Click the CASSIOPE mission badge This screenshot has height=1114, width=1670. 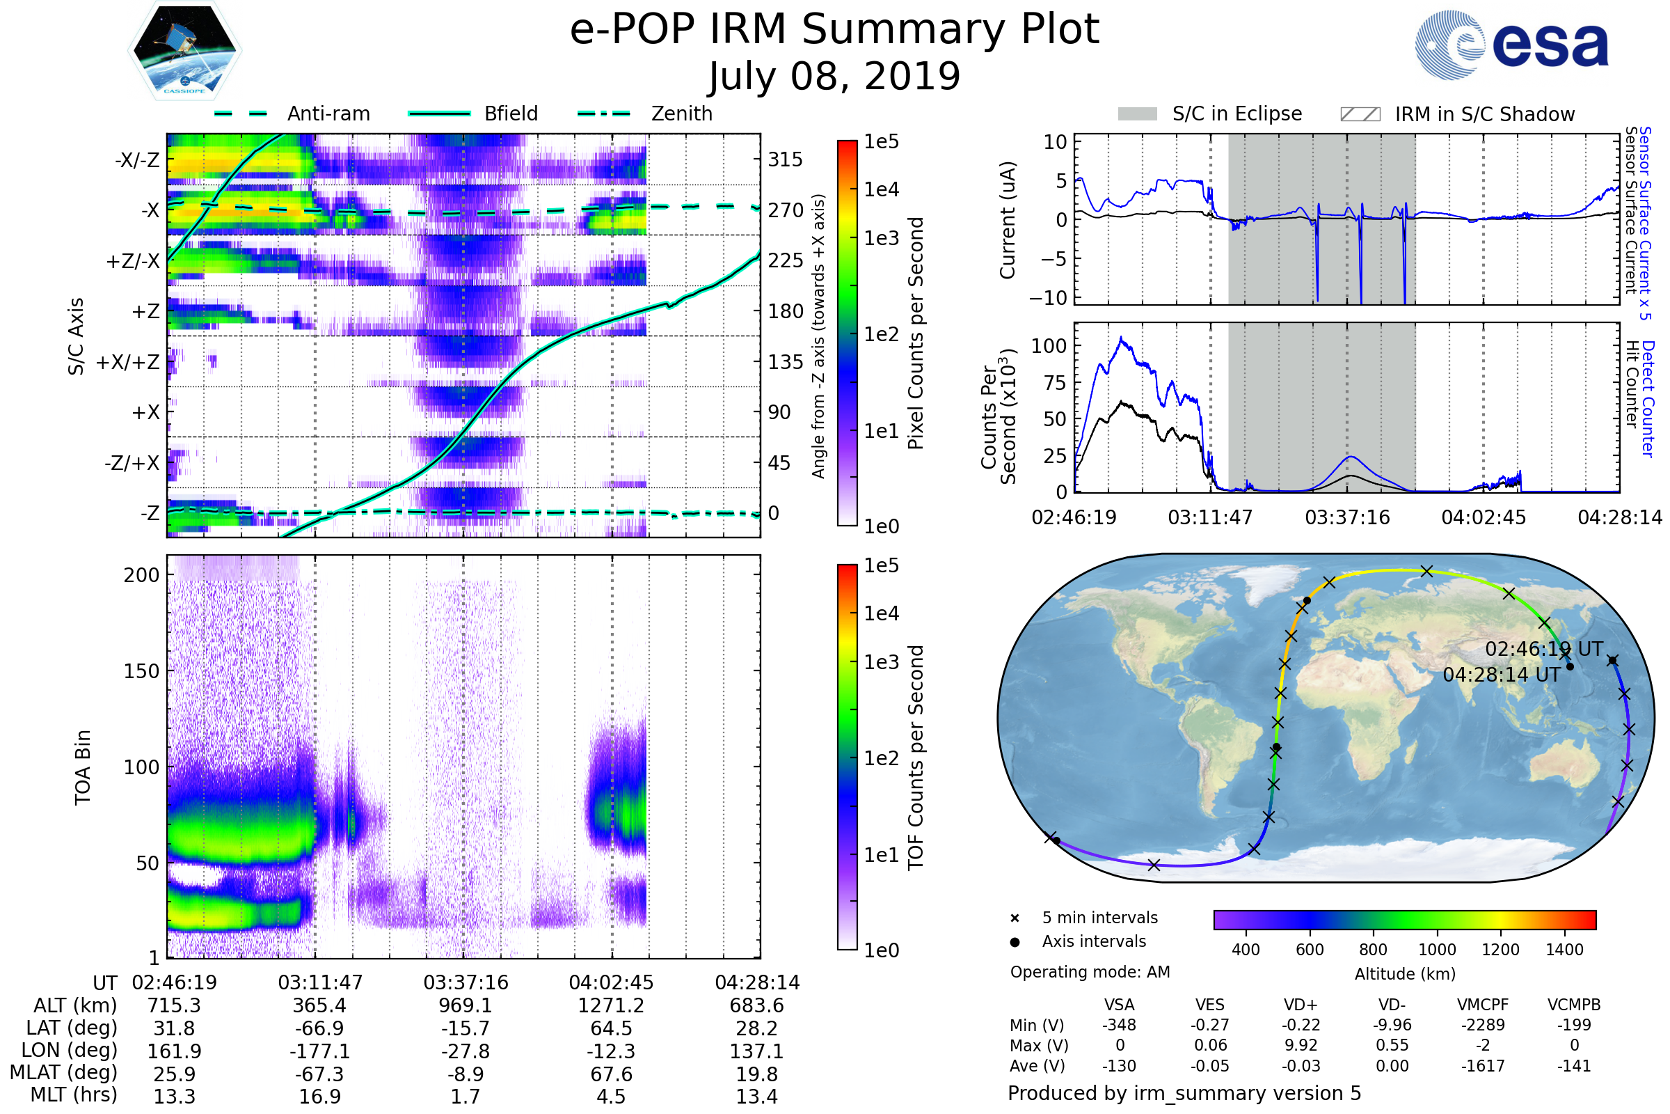184,49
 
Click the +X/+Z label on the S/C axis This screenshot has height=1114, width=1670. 128,362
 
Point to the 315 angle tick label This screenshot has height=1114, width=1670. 785,159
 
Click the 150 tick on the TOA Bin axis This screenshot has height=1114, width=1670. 141,670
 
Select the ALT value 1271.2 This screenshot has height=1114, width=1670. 611,1005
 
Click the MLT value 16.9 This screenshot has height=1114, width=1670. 319,1096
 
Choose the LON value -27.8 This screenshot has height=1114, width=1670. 465,1051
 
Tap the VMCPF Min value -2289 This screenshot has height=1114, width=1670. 1483,1025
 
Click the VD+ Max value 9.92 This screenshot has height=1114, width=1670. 1301,1045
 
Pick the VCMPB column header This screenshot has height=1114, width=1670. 1573,1005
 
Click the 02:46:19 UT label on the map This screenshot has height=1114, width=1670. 1543,649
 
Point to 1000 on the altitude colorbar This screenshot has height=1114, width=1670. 1436,949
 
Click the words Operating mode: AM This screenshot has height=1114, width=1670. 1090,972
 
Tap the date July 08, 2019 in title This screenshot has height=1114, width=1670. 834,76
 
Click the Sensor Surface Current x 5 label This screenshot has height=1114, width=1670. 1644,223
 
